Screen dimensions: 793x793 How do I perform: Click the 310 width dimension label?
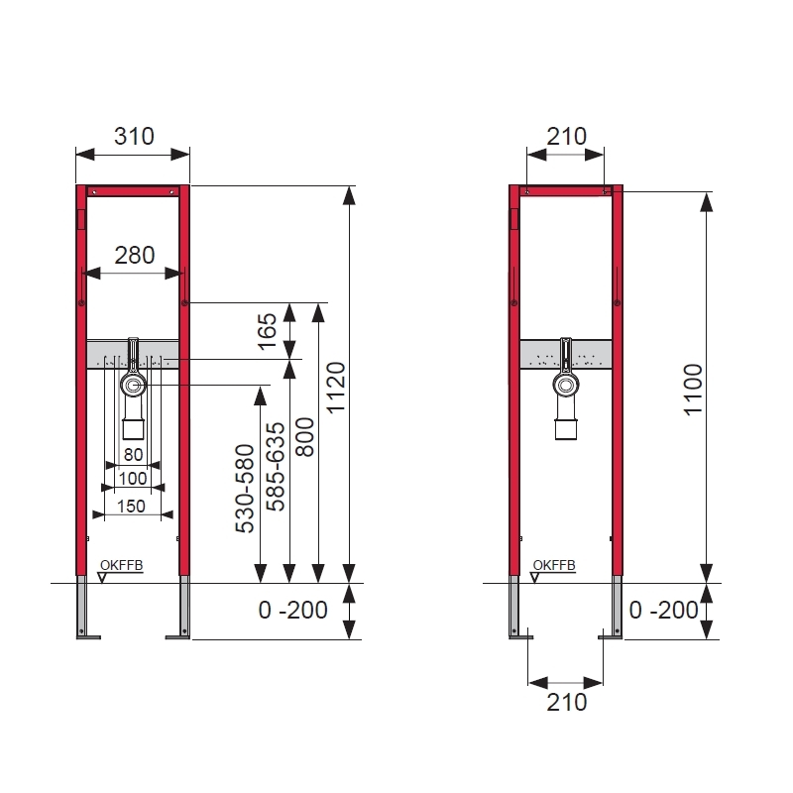pos(134,136)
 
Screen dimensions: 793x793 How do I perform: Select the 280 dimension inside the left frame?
pos(134,255)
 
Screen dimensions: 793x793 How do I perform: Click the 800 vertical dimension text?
pos(305,436)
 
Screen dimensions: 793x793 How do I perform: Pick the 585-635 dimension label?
pos(277,466)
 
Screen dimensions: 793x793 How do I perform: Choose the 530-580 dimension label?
pos(246,489)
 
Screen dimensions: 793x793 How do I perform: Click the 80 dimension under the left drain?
pos(132,456)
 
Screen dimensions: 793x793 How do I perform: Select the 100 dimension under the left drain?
pos(132,479)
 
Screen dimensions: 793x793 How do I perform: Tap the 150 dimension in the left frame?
pos(132,506)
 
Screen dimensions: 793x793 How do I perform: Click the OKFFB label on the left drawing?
pos(122,565)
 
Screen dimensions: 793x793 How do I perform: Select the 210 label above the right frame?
pos(566,136)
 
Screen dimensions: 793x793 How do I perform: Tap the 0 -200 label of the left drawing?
pos(292,611)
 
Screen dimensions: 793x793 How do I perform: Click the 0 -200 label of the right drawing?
pos(664,611)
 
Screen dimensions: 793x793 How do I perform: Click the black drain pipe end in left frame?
pos(133,429)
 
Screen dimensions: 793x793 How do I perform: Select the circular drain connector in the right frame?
pos(565,386)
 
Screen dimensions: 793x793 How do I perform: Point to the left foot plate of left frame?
pos(88,636)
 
